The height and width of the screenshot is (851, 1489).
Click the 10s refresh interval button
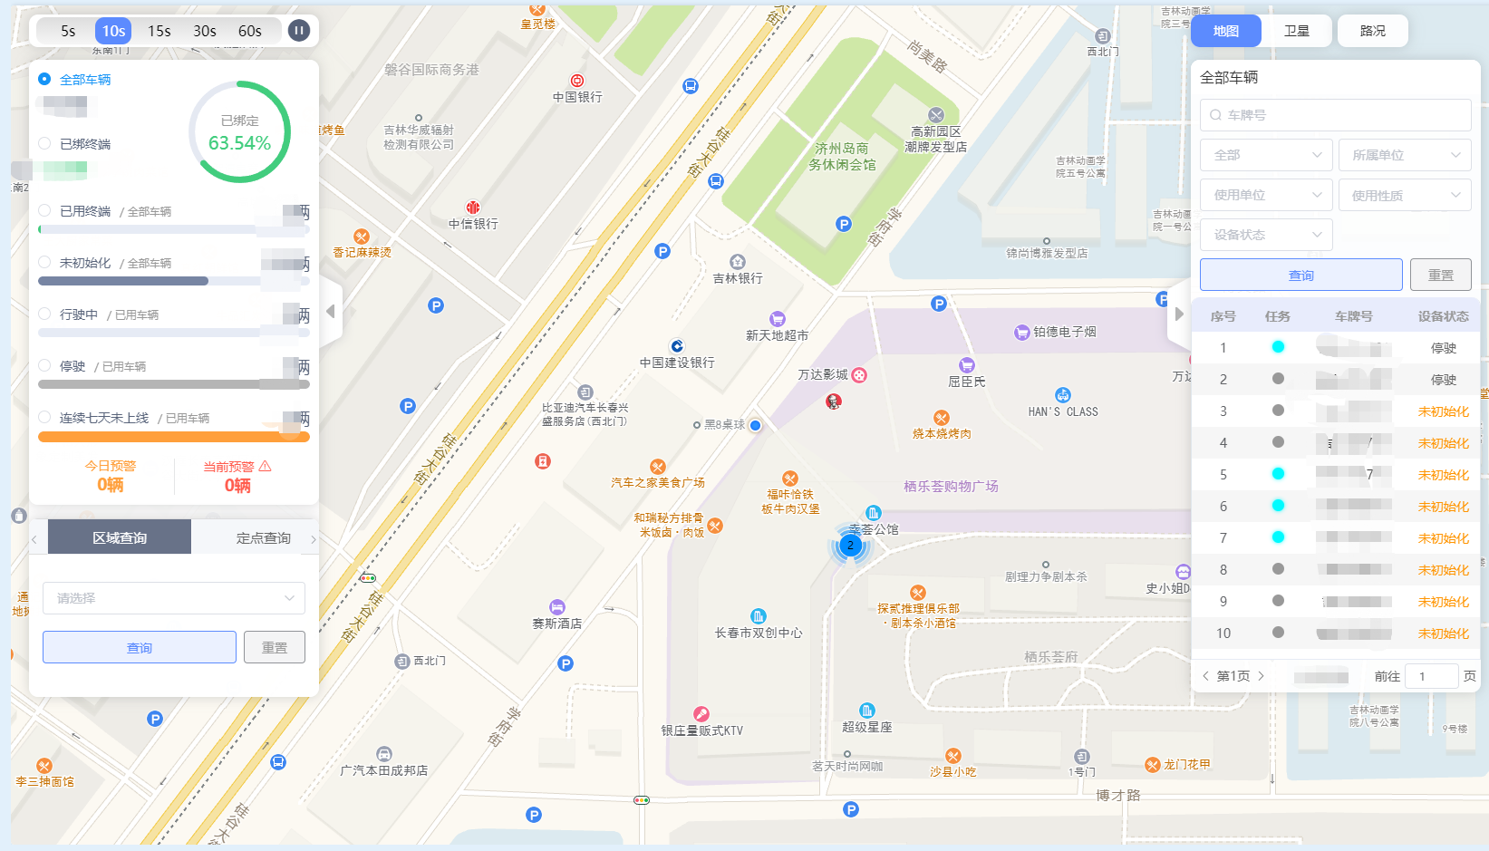[x=113, y=31]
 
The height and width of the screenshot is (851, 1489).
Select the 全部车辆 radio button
[x=44, y=79]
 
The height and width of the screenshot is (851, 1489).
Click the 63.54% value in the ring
[x=239, y=143]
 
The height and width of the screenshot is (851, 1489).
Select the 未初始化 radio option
[x=44, y=262]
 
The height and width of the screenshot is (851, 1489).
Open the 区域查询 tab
[x=120, y=537]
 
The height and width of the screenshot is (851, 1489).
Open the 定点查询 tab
[x=263, y=537]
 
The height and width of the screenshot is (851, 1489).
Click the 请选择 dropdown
[x=174, y=598]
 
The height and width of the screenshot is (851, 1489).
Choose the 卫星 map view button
[x=1296, y=31]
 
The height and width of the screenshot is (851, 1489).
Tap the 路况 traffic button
[x=1372, y=31]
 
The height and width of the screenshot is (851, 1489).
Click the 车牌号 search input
[x=1335, y=115]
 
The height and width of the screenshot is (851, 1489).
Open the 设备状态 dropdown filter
[x=1266, y=235]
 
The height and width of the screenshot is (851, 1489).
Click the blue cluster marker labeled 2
[x=850, y=546]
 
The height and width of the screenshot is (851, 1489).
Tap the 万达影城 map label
[x=823, y=374]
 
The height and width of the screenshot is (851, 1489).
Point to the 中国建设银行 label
[x=677, y=363]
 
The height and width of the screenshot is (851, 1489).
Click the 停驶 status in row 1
[x=1443, y=348]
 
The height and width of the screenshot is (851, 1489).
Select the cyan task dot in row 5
[x=1278, y=474]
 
